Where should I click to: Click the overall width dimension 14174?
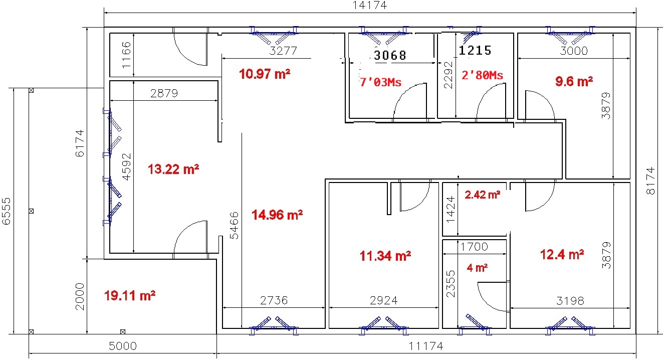pyautogui.click(x=370, y=6)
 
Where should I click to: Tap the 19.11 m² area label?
pyautogui.click(x=130, y=296)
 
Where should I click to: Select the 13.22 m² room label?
pyautogui.click(x=173, y=169)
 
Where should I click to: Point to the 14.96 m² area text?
pyautogui.click(x=277, y=215)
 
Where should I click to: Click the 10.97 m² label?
pyautogui.click(x=265, y=74)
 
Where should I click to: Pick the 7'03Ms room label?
pyautogui.click(x=380, y=82)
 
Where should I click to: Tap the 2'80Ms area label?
pyautogui.click(x=483, y=75)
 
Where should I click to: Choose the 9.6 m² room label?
pyautogui.click(x=574, y=81)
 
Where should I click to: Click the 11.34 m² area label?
pyautogui.click(x=385, y=256)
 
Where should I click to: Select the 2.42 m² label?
pyautogui.click(x=483, y=195)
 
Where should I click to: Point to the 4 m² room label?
pyautogui.click(x=477, y=268)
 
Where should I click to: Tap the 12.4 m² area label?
pyautogui.click(x=562, y=255)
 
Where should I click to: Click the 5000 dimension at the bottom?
pyautogui.click(x=123, y=346)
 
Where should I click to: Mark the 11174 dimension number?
pyautogui.click(x=426, y=346)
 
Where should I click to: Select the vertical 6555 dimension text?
pyautogui.click(x=7, y=211)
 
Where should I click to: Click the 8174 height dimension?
pyautogui.click(x=650, y=181)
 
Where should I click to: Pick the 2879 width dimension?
pyautogui.click(x=164, y=94)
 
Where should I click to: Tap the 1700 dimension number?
pyautogui.click(x=474, y=247)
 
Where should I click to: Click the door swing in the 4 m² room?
pyautogui.click(x=490, y=299)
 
